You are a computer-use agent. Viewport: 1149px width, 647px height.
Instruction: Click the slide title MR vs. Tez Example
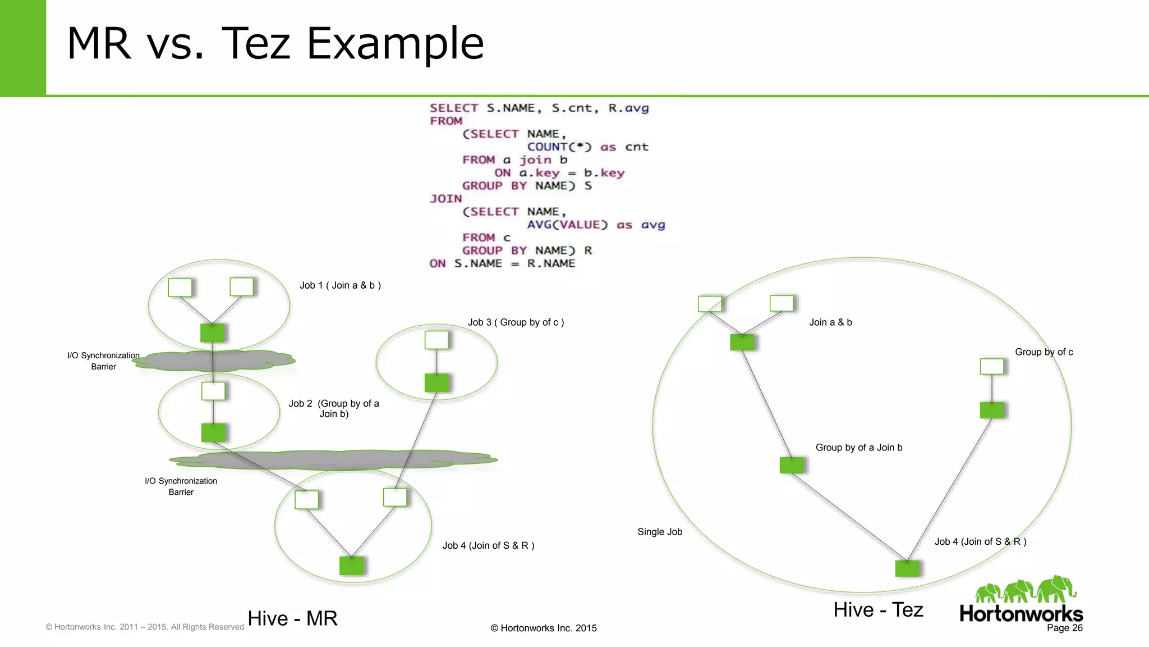click(275, 43)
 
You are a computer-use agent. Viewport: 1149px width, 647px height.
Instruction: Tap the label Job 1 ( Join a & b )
click(340, 285)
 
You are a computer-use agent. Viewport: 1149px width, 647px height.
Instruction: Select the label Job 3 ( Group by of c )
click(516, 322)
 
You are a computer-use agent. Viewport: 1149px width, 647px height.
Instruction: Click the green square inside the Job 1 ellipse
click(213, 333)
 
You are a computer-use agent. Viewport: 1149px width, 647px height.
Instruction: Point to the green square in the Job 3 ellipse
click(436, 383)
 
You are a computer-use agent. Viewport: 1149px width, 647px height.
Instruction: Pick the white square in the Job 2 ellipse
click(213, 391)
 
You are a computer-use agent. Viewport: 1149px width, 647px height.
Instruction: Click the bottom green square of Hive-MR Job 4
click(352, 566)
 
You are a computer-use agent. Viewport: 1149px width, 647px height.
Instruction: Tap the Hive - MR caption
click(292, 618)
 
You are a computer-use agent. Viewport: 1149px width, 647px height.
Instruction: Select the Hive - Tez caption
click(878, 610)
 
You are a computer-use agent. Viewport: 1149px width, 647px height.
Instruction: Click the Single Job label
click(660, 532)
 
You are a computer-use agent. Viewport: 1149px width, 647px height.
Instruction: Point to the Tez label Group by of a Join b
click(858, 448)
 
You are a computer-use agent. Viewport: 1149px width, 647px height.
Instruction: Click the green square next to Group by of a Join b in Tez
click(792, 465)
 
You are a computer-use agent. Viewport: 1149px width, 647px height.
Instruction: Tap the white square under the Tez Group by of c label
click(992, 366)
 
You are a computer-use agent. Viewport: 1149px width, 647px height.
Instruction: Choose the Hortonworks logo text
click(1021, 613)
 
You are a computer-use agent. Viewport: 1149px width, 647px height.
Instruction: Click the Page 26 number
click(1064, 628)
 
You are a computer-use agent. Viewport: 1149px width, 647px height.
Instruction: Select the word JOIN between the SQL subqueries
click(446, 199)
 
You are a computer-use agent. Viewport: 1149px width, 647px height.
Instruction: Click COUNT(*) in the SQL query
click(559, 147)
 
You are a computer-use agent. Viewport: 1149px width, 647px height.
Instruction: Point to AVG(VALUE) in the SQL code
click(567, 225)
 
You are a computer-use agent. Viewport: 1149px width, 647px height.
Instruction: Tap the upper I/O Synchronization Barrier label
click(103, 361)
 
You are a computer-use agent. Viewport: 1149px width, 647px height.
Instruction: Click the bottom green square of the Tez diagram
click(907, 568)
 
